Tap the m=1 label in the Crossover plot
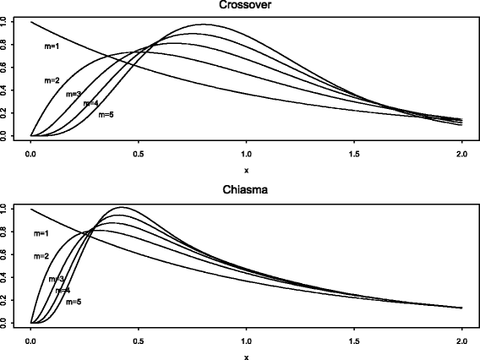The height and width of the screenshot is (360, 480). coord(51,46)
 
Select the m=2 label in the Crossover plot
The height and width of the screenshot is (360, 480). coord(51,80)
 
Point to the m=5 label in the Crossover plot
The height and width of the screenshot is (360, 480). coord(106,114)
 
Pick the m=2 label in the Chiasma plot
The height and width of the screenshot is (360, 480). coord(41,255)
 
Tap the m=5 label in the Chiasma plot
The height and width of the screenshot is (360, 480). coord(73,302)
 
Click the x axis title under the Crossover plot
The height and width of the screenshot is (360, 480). coord(246,170)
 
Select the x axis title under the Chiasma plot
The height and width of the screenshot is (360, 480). coord(246,357)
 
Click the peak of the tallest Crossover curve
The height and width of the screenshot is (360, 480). coord(202,25)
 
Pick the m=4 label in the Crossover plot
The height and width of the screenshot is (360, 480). coord(91,103)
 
